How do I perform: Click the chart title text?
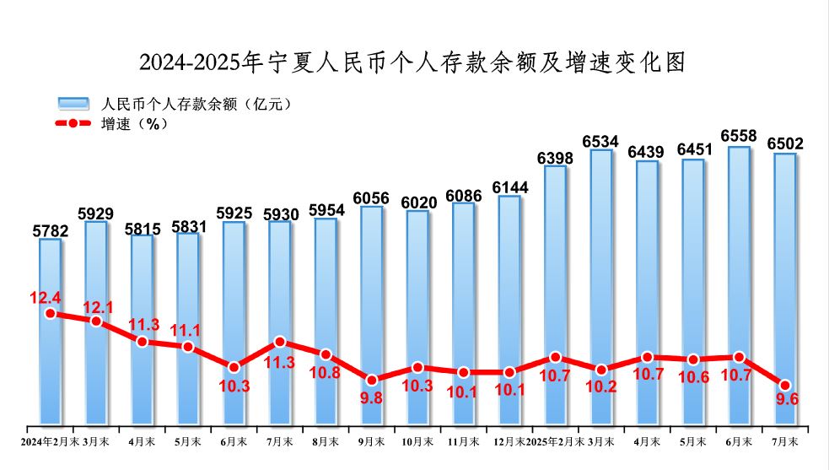(412, 62)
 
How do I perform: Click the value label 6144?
(509, 186)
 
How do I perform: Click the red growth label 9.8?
(372, 397)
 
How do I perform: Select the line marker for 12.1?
(96, 321)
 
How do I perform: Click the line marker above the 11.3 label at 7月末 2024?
(280, 342)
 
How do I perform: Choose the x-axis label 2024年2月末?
(50, 441)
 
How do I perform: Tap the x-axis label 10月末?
(417, 441)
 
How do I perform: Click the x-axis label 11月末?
(464, 441)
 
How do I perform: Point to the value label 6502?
(785, 144)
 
